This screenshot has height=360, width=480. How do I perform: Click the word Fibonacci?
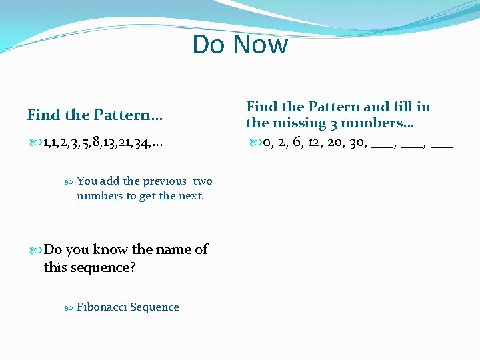(101, 307)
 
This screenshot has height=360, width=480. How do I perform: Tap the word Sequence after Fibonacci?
(155, 307)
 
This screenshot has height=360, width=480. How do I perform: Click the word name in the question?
(174, 249)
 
